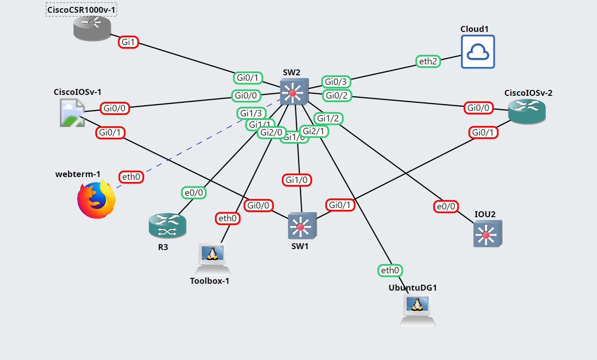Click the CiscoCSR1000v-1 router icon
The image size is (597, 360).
(x=92, y=27)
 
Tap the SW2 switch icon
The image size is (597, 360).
(x=294, y=92)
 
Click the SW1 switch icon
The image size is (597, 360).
(x=302, y=226)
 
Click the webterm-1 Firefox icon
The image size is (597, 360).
(x=96, y=199)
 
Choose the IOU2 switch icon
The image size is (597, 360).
(x=487, y=234)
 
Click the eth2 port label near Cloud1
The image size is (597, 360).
(x=428, y=62)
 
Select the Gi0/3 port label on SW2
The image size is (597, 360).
(x=336, y=82)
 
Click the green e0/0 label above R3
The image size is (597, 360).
(x=193, y=193)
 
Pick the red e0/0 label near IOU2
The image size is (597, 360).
(x=446, y=206)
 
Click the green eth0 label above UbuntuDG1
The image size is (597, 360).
(x=390, y=271)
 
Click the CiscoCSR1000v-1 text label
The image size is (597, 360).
(x=82, y=9)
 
